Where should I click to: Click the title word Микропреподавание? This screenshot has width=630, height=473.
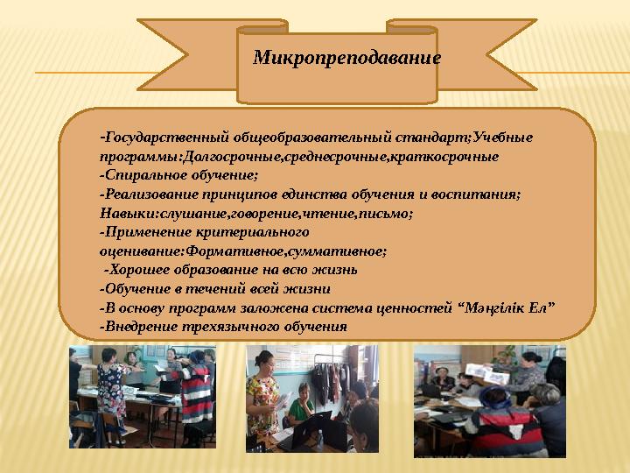tap(346, 58)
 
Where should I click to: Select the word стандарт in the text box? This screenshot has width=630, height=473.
tap(430, 138)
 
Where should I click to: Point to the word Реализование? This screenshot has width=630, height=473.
tap(150, 194)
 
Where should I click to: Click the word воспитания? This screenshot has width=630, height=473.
tap(474, 194)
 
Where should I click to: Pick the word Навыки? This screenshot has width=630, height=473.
tap(128, 214)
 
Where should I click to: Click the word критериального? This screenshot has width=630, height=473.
tap(253, 232)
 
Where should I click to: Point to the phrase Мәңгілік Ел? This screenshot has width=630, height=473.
tap(509, 308)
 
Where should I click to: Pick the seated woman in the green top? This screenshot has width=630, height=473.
tap(301, 404)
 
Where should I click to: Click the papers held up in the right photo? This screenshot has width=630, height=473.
tap(487, 373)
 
